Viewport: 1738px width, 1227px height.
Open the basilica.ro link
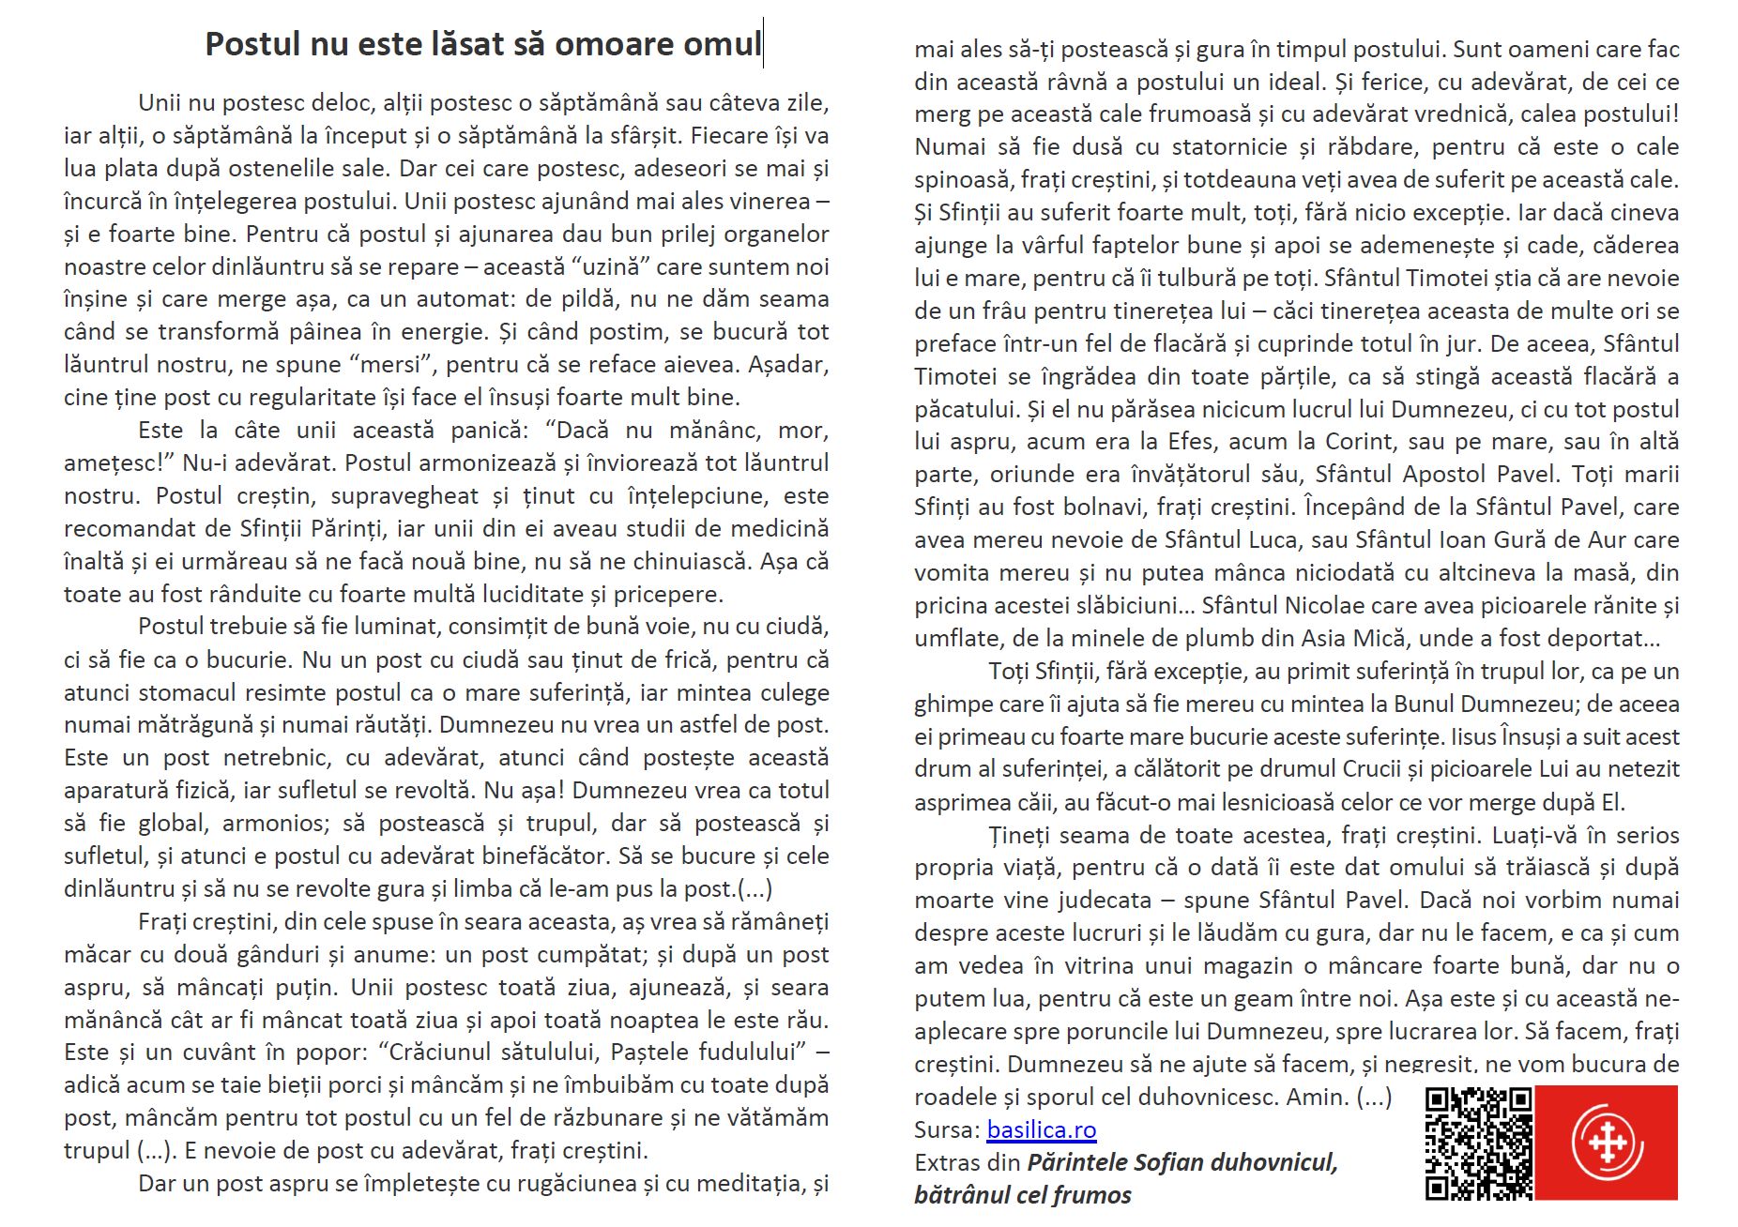click(1041, 1129)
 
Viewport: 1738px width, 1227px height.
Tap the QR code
click(1478, 1143)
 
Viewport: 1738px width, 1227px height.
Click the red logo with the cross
click(1607, 1143)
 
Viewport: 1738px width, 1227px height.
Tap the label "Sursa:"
click(947, 1129)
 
